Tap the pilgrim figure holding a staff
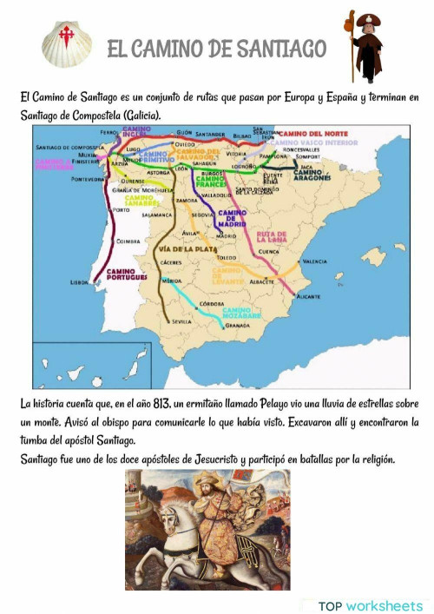click(365, 45)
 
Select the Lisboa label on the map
click(80, 282)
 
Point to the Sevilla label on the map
click(181, 321)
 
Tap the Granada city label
click(237, 326)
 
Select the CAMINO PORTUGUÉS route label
click(121, 275)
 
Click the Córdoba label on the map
click(214, 303)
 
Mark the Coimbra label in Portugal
click(128, 241)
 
